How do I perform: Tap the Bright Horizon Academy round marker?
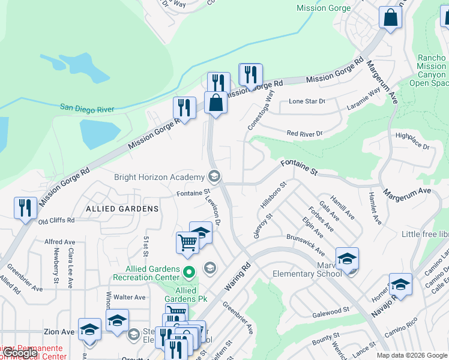point(214,176)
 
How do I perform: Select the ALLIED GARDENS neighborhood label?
point(122,209)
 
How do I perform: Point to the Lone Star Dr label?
point(307,101)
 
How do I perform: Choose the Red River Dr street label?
point(304,133)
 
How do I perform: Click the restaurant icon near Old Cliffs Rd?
point(25,208)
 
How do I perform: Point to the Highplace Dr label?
point(412,141)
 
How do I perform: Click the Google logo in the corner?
point(20,353)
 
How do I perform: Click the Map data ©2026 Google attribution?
point(411,355)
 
